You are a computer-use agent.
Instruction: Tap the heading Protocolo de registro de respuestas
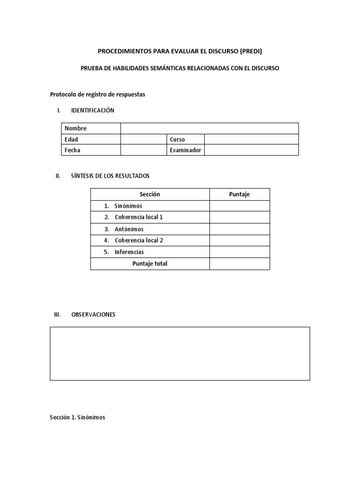pyautogui.click(x=97, y=94)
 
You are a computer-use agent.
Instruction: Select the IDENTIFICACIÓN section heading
pyautogui.click(x=92, y=111)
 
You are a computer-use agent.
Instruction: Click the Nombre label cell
pyautogui.click(x=91, y=128)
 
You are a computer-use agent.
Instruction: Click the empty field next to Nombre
pyautogui.click(x=209, y=128)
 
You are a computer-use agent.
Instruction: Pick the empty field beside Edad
pyautogui.click(x=143, y=139)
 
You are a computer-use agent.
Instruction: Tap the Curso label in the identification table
pyautogui.click(x=178, y=139)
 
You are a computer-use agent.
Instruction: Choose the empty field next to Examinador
pyautogui.click(x=251, y=150)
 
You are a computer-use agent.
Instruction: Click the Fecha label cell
pyautogui.click(x=91, y=150)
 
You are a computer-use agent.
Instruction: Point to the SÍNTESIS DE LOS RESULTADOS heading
pyautogui.click(x=110, y=176)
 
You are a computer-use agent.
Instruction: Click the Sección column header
pyautogui.click(x=150, y=195)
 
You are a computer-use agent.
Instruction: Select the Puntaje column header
pyautogui.click(x=240, y=195)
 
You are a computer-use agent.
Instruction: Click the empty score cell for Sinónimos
pyautogui.click(x=240, y=206)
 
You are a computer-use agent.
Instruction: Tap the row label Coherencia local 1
pyautogui.click(x=139, y=217)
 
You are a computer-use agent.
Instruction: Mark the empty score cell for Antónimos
pyautogui.click(x=240, y=229)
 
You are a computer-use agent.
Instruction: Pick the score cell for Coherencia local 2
pyautogui.click(x=240, y=240)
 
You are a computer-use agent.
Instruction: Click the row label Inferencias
pyautogui.click(x=129, y=252)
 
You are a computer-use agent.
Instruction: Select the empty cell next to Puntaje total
pyautogui.click(x=240, y=263)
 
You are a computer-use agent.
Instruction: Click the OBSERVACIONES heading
pyautogui.click(x=93, y=315)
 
